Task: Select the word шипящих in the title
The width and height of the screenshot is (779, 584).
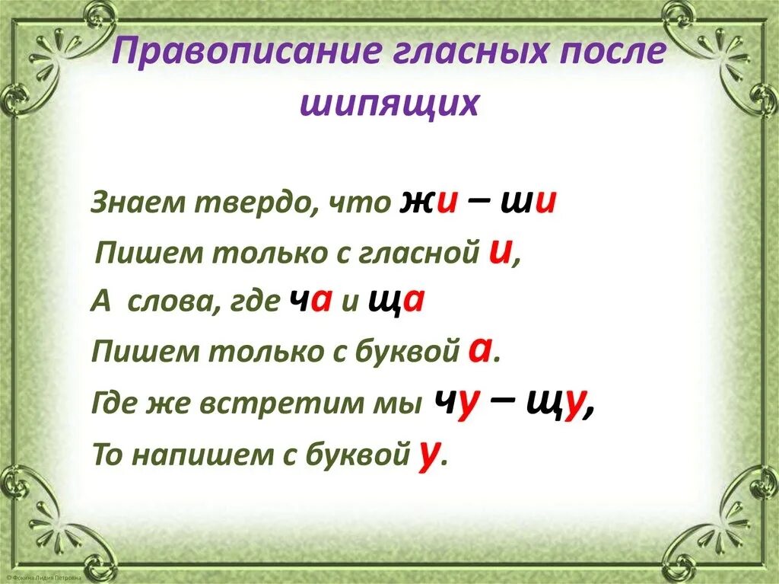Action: pyautogui.click(x=389, y=104)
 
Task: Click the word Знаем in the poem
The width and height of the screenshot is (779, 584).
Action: pyautogui.click(x=136, y=204)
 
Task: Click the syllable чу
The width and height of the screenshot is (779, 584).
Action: pyautogui.click(x=455, y=401)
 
